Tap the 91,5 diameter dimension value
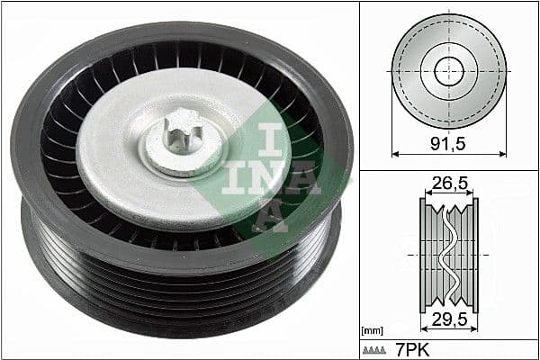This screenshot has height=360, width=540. [449, 141]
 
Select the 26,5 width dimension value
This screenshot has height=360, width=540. [449, 184]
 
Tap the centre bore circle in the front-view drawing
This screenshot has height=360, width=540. [448, 71]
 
